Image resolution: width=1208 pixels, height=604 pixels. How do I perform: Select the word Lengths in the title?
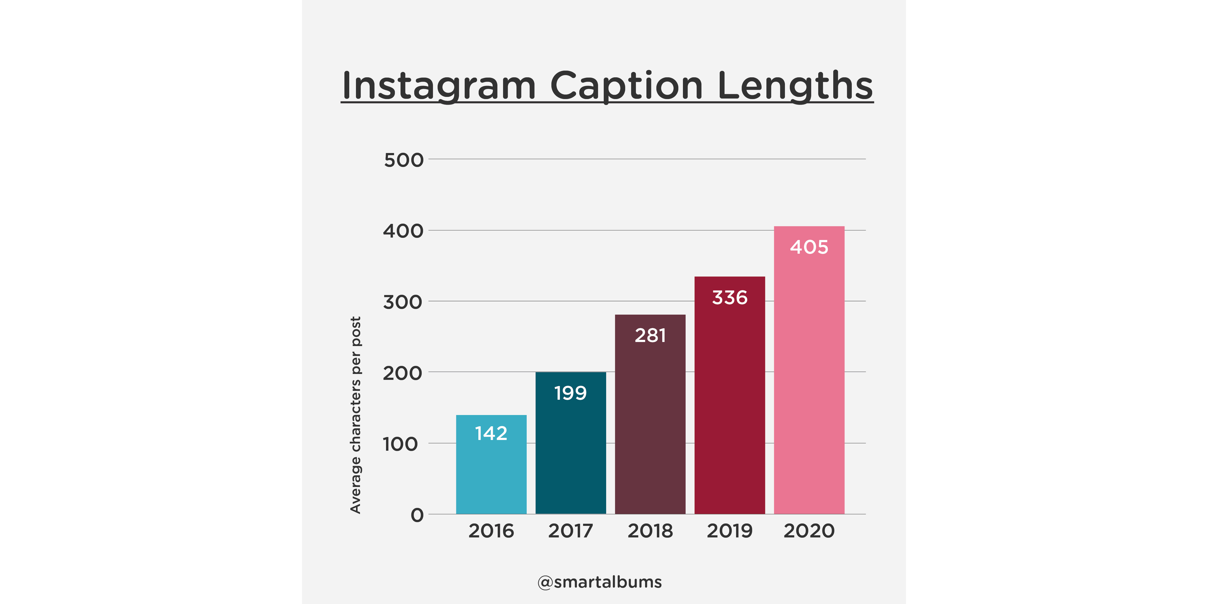[x=795, y=86]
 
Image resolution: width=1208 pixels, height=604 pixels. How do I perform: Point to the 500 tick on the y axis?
[x=403, y=160]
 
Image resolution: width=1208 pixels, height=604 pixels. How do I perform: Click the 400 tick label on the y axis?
[x=403, y=231]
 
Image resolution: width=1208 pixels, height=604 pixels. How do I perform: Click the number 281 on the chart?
[x=650, y=336]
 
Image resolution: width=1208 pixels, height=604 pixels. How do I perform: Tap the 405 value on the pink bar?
[x=809, y=248]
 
